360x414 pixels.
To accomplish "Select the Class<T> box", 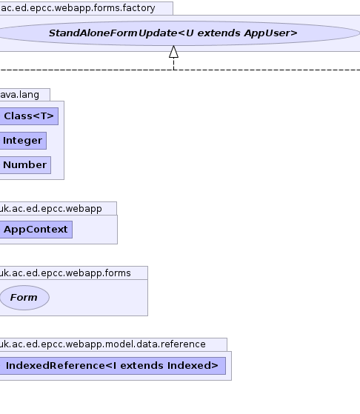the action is tap(29, 116).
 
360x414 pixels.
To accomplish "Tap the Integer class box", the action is tap(23, 141).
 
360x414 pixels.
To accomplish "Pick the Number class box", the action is tap(25, 165).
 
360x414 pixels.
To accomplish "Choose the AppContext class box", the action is tap(36, 230).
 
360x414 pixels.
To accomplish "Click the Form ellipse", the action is tap(24, 298).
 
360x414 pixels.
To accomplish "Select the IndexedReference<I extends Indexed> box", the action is tap(113, 366).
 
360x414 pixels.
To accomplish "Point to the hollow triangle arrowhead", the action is tap(173, 52).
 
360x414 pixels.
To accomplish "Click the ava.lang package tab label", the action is tap(19, 95).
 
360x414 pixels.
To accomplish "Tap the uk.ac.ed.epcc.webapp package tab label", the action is tap(50, 209).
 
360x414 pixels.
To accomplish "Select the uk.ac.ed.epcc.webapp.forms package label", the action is tap(65, 273).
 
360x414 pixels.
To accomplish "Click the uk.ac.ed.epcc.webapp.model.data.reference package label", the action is tap(102, 344).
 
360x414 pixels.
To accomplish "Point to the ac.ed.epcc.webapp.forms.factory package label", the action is tap(78, 8).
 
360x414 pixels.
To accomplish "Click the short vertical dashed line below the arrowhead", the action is tap(173, 64).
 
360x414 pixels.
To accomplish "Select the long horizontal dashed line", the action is tap(180, 70).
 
